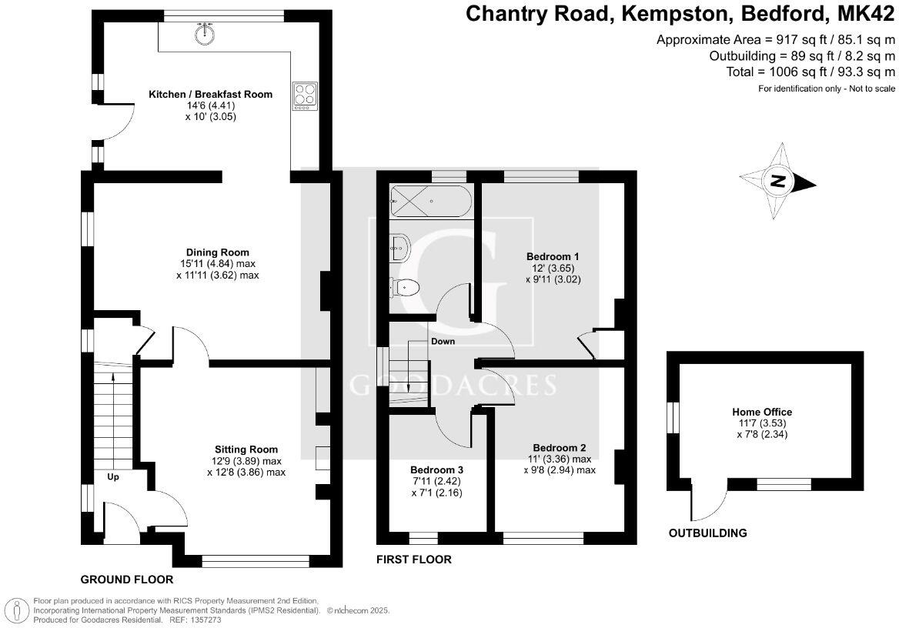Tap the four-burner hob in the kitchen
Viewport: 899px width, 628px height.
[304, 96]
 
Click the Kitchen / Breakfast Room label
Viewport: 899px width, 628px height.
[210, 94]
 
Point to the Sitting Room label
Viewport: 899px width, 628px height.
[246, 449]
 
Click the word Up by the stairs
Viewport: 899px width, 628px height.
[113, 477]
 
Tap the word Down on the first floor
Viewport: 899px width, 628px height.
[443, 341]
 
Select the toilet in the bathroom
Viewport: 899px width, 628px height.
[406, 288]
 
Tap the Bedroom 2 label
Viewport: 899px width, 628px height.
[560, 448]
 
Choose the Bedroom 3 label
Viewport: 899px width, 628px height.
[436, 469]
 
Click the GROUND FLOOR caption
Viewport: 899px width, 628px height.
[127, 580]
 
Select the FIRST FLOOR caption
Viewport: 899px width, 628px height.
[413, 560]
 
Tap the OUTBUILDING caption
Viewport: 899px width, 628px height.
[707, 533]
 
